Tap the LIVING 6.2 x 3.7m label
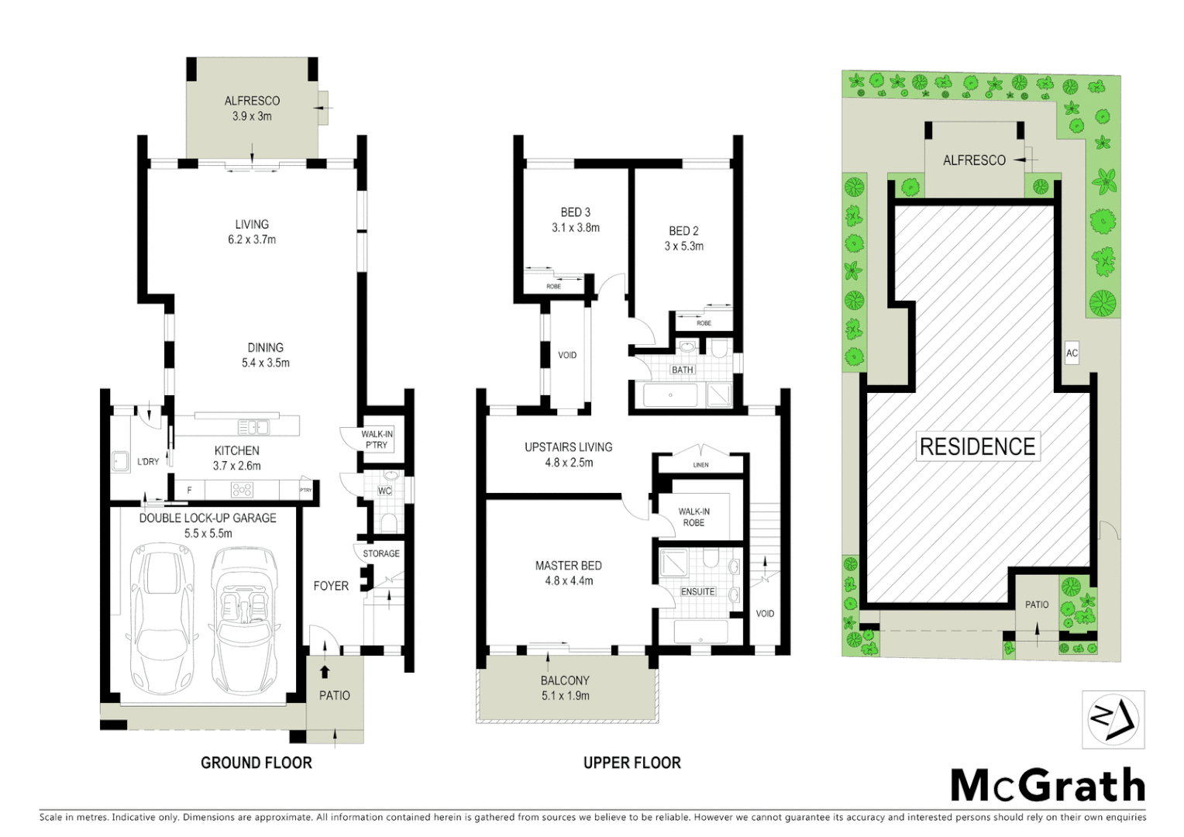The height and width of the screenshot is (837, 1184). click(x=252, y=232)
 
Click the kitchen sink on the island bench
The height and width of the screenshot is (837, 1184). click(x=253, y=427)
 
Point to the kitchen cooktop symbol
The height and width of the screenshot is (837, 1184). click(x=242, y=490)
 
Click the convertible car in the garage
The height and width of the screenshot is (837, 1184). click(x=243, y=620)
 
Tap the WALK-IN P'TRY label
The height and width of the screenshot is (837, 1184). click(x=377, y=439)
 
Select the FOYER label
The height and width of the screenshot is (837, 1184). click(x=331, y=586)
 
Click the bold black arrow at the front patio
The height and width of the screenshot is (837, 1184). click(x=325, y=672)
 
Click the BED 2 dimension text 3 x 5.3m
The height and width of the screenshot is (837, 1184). click(x=684, y=246)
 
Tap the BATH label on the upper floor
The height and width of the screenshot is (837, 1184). click(x=683, y=370)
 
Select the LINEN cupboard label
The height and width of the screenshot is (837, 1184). click(x=700, y=465)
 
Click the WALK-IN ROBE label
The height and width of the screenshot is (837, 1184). click(x=694, y=517)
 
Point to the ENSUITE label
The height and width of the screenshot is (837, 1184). click(x=697, y=591)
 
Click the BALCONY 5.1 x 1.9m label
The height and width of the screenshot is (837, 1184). click(x=565, y=688)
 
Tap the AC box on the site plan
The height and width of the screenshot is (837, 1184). click(x=1072, y=353)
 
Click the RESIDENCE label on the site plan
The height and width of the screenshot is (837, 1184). click(x=977, y=446)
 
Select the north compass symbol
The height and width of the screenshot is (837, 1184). click(x=1113, y=719)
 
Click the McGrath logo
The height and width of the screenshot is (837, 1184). click(x=1048, y=786)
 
